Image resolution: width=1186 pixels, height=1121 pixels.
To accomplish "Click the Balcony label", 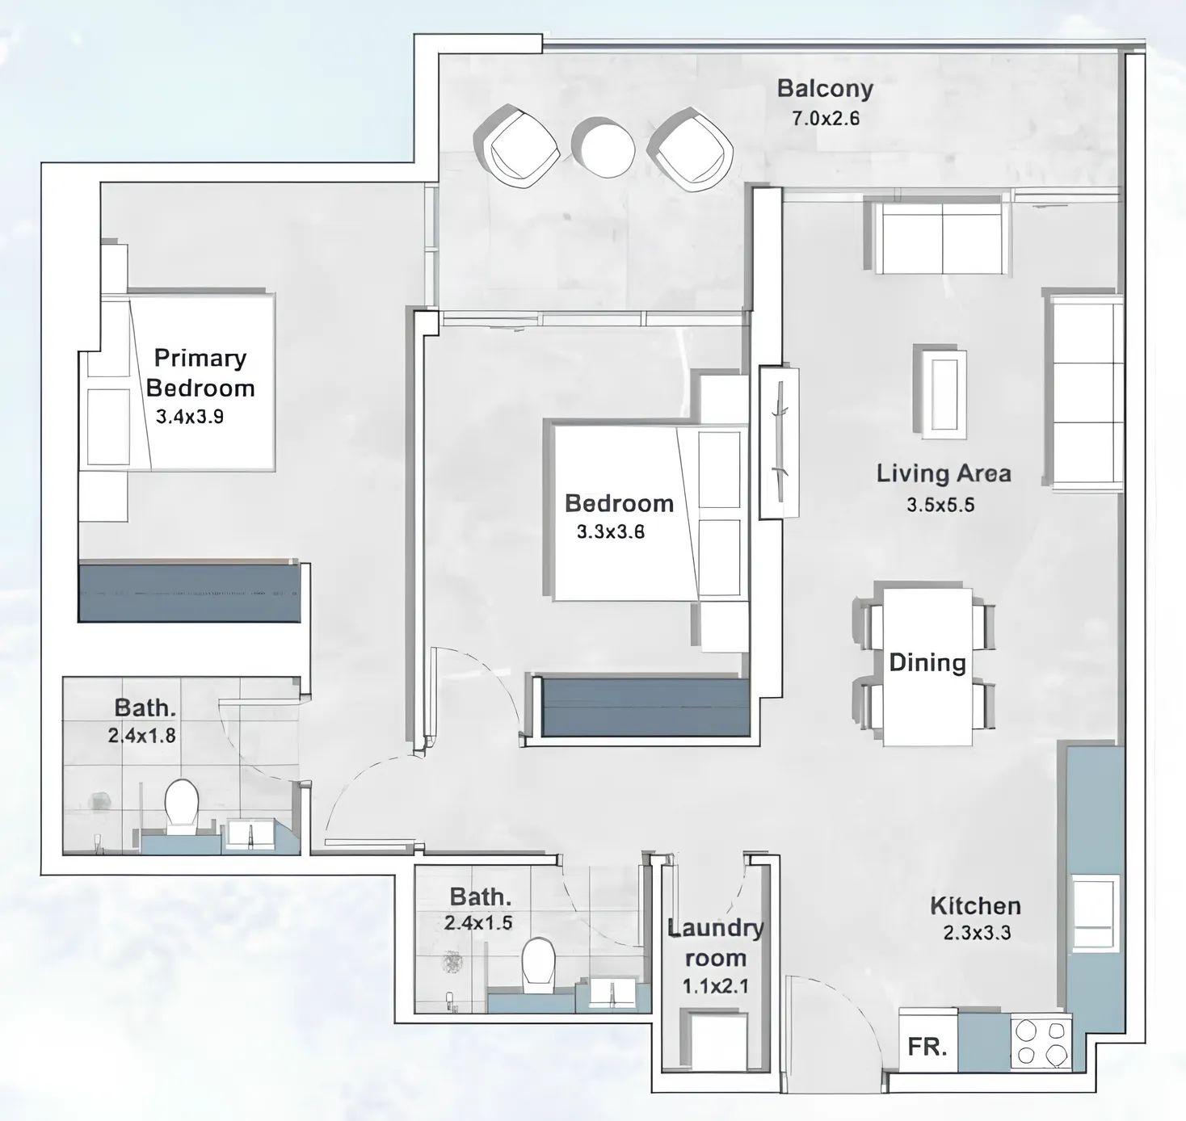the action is [x=825, y=90].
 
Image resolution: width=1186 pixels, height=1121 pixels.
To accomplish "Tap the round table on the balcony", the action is [x=604, y=148].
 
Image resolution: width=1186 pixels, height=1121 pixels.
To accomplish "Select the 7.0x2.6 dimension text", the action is [x=825, y=118].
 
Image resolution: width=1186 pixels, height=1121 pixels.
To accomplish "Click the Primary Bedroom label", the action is [x=200, y=372].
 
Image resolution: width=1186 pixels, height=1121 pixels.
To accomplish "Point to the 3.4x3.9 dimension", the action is [x=189, y=417].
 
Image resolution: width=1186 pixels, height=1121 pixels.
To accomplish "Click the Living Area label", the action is [x=944, y=474].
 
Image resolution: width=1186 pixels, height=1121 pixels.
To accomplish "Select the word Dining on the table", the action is [x=927, y=663].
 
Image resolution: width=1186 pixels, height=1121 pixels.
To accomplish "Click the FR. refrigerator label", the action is [x=927, y=1048].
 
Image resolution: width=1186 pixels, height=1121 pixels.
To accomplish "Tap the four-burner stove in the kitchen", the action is [x=1041, y=1043].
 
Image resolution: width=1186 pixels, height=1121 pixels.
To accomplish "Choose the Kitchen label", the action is [x=975, y=905].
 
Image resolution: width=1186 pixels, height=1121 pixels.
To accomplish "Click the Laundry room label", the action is [x=716, y=943].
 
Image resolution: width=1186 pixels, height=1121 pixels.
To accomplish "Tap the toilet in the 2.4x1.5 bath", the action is [x=538, y=966].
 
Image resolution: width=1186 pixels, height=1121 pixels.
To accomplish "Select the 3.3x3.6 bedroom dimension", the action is [x=611, y=532].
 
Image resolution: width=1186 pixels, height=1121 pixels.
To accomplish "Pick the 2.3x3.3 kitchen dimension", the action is [x=977, y=933].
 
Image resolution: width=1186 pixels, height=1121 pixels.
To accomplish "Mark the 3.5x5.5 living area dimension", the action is [x=940, y=505].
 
